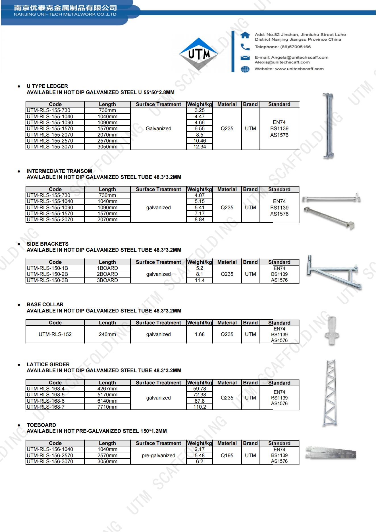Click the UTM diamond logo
(199, 54)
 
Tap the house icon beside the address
(245, 35)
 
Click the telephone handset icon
(245, 47)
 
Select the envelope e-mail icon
(245, 58)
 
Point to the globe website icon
(245, 69)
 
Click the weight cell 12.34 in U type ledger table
(200, 147)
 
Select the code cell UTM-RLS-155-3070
(50, 147)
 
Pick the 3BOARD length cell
(107, 280)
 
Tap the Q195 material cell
(227, 456)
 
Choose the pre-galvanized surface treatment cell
(158, 456)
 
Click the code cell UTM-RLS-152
(55, 334)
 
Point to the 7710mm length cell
(107, 407)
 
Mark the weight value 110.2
(200, 407)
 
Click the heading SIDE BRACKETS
(47, 244)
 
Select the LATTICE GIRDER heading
(48, 365)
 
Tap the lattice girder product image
(331, 393)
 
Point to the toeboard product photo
(331, 453)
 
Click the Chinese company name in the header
(65, 8)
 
